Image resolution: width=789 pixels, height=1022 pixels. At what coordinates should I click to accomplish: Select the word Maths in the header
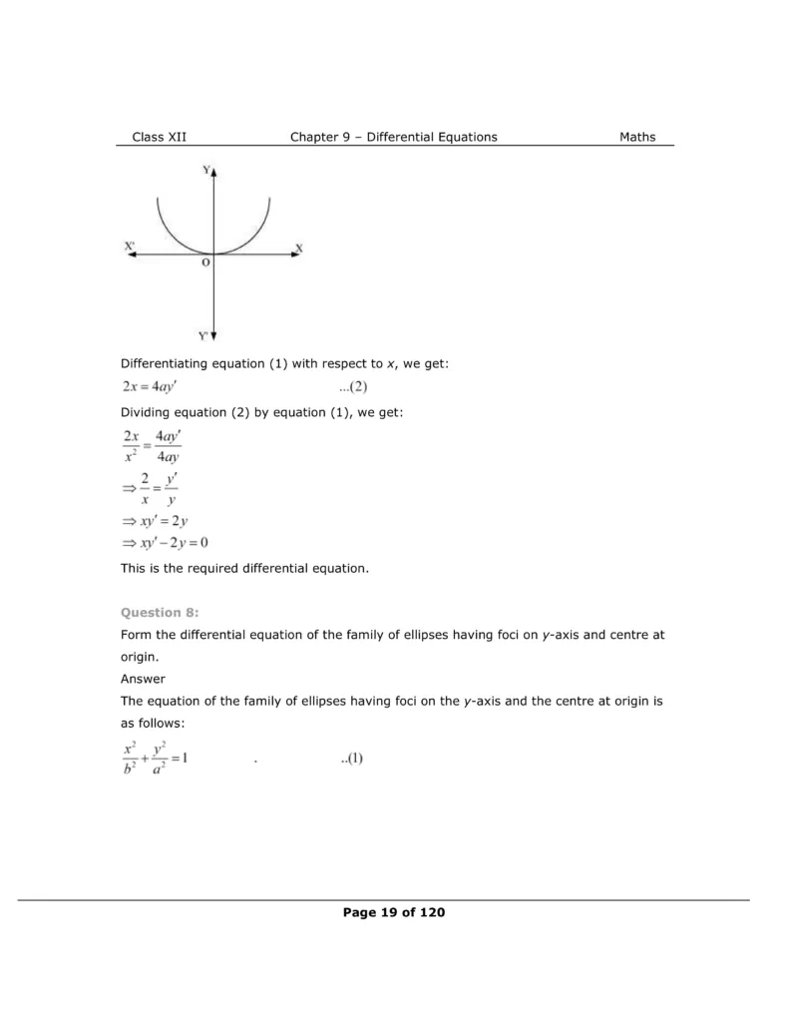tap(637, 137)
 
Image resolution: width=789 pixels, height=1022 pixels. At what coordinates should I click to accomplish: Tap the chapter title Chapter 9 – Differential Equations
tap(393, 137)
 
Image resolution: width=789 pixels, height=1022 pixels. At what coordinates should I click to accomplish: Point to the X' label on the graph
tap(131, 246)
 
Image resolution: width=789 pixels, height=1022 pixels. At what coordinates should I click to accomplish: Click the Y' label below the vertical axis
tap(204, 335)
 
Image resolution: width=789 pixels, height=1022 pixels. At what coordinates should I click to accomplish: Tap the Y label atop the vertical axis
tap(206, 171)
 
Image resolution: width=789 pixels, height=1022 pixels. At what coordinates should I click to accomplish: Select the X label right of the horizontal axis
tap(299, 247)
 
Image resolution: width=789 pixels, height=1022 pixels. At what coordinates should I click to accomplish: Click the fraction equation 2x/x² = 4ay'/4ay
tap(158, 446)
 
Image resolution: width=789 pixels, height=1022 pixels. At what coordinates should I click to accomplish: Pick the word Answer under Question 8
tap(143, 679)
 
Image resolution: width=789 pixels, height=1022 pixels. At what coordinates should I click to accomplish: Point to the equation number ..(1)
tap(351, 758)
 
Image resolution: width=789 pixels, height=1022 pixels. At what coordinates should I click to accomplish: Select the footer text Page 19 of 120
tap(394, 911)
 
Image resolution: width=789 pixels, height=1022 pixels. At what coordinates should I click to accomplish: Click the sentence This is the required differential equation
tap(244, 569)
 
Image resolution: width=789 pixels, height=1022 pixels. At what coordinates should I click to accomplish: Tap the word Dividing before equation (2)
tap(147, 412)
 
